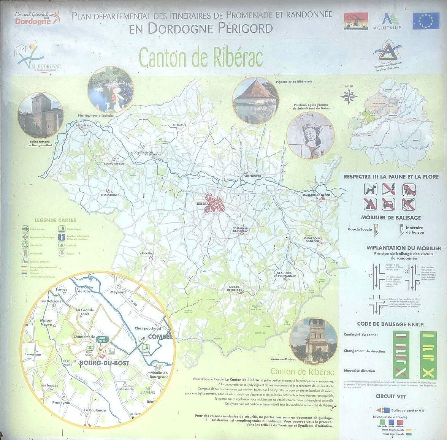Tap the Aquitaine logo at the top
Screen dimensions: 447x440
(387, 21)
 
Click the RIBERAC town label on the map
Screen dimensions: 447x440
(203, 204)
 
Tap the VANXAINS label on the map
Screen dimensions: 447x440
(146, 253)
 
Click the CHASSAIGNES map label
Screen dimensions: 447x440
(110, 195)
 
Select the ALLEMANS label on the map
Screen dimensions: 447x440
(179, 125)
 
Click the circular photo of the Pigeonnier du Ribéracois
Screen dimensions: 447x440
(255, 100)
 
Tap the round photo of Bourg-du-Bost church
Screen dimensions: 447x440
(40, 115)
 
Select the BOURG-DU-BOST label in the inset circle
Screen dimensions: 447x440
(104, 363)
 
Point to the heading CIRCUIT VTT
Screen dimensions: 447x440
(390, 396)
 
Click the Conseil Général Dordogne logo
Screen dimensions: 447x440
(37, 17)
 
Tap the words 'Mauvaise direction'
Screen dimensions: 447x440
(359, 370)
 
